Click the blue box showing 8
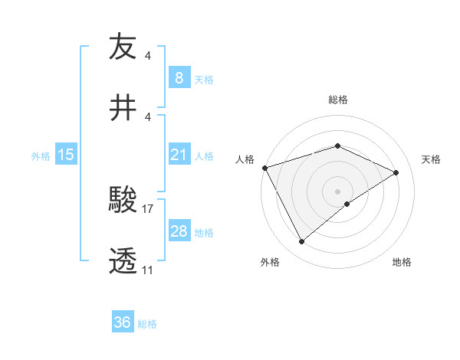click(179, 77)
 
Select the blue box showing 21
click(179, 155)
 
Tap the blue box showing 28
click(179, 231)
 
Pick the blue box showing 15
click(66, 155)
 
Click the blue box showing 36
click(122, 322)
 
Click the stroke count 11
click(147, 270)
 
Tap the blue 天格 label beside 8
click(204, 79)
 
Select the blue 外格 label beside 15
click(41, 156)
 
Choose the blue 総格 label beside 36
click(147, 324)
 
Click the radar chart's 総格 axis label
click(337, 100)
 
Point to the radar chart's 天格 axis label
click(432, 159)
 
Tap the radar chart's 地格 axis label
click(402, 262)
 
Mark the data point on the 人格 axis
click(264, 168)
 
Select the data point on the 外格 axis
click(301, 242)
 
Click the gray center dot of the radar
click(337, 191)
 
